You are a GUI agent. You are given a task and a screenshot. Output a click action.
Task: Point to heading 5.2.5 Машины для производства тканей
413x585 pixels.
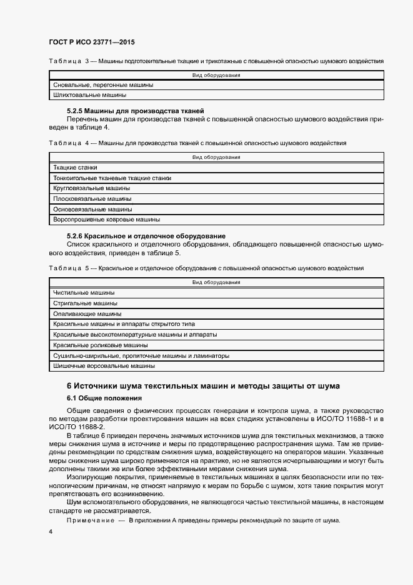pyautogui.click(x=127, y=110)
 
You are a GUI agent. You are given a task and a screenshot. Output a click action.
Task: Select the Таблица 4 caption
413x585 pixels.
pyautogui.click(x=197, y=143)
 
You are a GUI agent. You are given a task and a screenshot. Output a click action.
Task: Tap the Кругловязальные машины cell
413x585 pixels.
pyautogui.click(x=92, y=188)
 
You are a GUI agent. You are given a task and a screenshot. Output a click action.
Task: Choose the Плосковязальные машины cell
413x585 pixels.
pyautogui.click(x=92, y=199)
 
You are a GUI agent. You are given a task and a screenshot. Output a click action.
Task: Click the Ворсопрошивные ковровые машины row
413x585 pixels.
pyautogui.click(x=107, y=220)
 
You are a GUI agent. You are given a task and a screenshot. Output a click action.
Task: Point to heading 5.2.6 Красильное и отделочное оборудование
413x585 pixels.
pyautogui.click(x=146, y=235)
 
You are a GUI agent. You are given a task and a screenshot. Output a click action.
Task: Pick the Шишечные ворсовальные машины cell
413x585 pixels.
pyautogui.click(x=104, y=365)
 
